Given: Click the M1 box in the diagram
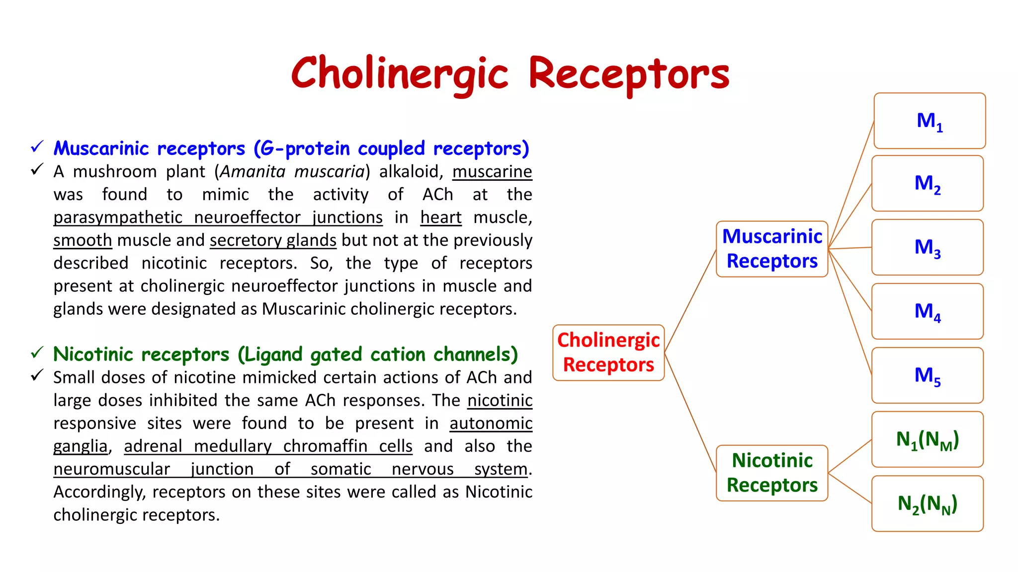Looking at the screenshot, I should (930, 121).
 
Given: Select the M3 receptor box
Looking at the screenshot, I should (928, 247).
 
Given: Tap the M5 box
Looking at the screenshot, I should (928, 375).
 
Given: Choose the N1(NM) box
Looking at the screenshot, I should (928, 439).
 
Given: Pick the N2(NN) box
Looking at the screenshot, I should (928, 503).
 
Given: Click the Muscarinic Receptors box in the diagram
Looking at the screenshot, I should (772, 249).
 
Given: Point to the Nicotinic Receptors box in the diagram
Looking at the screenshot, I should (772, 473).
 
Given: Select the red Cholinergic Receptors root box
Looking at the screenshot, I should (608, 353).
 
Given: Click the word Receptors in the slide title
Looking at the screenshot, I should (629, 73).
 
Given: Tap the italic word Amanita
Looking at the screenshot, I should (253, 172).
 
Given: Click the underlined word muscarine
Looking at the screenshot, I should (492, 172).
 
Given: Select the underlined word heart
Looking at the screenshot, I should (441, 217).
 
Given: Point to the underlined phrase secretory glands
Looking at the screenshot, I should (273, 240).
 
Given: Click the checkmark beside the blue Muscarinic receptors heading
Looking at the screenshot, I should (37, 147).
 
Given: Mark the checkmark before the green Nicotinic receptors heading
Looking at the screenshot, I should (37, 353).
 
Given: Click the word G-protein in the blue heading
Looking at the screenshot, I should (305, 148).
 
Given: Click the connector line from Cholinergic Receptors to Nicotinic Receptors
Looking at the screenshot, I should (690, 412).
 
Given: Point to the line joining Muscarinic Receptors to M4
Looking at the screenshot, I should (850, 280).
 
